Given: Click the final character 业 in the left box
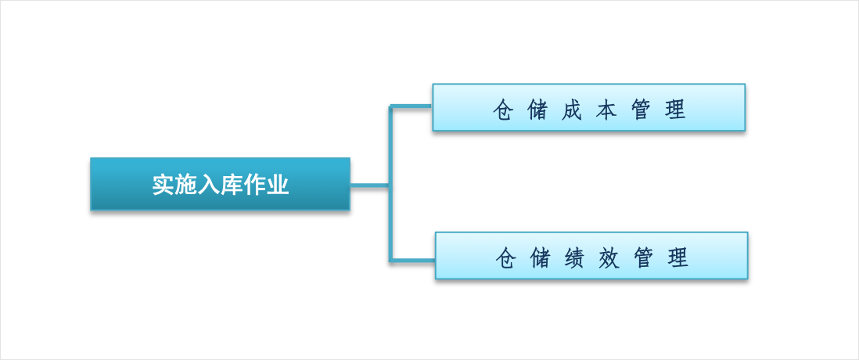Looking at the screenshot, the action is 277,185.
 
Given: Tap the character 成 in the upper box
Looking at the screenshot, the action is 572,110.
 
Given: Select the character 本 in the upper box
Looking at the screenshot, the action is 606,110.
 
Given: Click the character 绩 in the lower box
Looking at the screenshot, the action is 574,257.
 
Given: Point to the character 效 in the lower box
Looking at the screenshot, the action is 608,257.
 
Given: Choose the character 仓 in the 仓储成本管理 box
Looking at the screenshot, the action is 503,110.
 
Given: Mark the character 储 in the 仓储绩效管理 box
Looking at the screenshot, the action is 540,257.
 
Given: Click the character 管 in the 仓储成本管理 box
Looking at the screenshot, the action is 641,110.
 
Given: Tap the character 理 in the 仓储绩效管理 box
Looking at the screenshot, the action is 677,257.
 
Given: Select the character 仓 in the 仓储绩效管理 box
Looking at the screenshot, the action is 505,257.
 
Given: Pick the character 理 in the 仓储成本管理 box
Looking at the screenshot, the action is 675,110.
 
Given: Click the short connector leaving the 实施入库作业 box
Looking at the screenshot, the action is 369,185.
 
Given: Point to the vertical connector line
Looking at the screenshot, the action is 390,183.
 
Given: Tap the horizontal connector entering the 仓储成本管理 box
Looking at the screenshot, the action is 411,106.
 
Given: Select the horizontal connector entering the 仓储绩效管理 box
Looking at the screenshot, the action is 412,260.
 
